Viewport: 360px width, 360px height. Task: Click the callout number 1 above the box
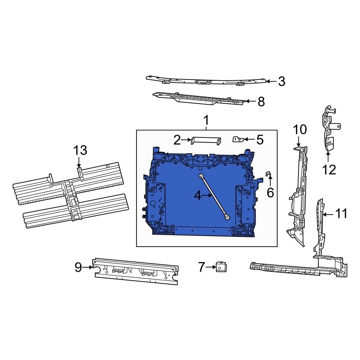coord(206,120)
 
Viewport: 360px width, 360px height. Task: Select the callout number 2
coord(177,140)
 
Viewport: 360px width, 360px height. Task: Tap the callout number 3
coord(282,81)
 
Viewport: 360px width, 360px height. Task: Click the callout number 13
coord(80,150)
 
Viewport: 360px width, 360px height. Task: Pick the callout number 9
coord(78,267)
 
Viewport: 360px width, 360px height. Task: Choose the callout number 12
coord(329,169)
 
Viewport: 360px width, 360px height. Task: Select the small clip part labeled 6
coord(268,174)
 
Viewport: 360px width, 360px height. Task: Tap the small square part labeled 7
coord(220,267)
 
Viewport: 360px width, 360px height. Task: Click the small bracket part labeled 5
coord(238,139)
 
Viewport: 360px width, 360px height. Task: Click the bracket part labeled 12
coord(328,130)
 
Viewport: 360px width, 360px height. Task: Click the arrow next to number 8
coord(251,102)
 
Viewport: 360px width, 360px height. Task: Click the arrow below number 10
coord(298,142)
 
